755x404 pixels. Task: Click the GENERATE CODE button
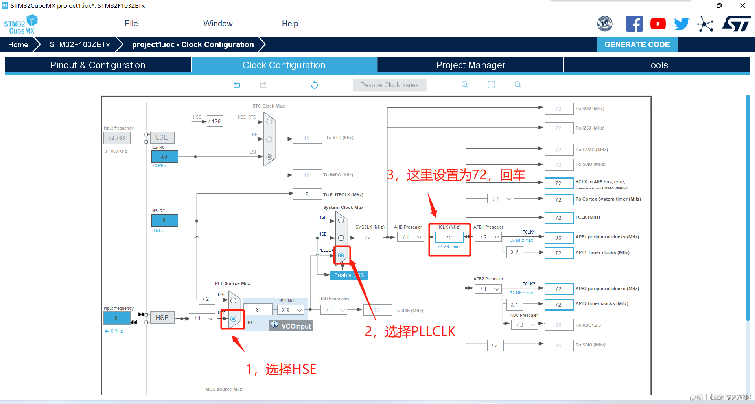coord(637,45)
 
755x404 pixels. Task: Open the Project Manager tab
coord(470,65)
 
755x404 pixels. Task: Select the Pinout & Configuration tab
coord(98,65)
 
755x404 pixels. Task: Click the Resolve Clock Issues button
coord(389,85)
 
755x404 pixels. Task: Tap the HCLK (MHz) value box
coord(449,238)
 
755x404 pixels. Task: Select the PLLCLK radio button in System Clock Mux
coord(341,256)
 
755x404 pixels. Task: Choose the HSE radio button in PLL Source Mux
coord(233,319)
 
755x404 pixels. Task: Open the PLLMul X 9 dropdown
coord(291,310)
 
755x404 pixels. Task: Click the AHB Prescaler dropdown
coord(410,237)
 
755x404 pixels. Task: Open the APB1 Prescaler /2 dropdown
coord(488,237)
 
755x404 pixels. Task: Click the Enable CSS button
coord(349,275)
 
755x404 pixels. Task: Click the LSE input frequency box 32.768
coord(117,138)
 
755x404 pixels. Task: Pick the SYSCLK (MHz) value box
coord(368,238)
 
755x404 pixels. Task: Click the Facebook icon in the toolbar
coord(634,24)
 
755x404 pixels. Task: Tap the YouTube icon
coord(658,24)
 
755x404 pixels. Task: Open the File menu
coord(131,24)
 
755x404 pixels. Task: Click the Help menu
coord(290,24)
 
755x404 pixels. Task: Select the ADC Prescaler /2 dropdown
coord(524,325)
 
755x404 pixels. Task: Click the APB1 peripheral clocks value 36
coord(558,238)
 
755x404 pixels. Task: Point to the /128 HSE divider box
coord(215,121)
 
